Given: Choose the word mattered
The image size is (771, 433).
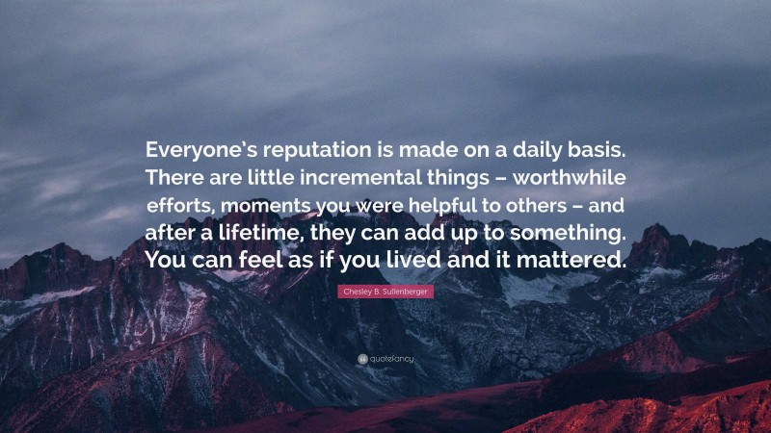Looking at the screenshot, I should click(578, 261).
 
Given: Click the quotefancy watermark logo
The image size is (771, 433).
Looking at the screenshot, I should click(385, 358).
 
